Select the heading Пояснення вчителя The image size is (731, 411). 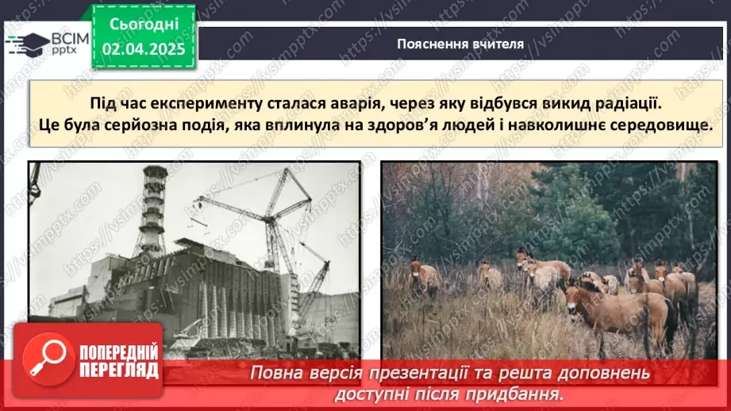pyautogui.click(x=460, y=44)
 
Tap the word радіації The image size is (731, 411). pyautogui.click(x=631, y=104)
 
